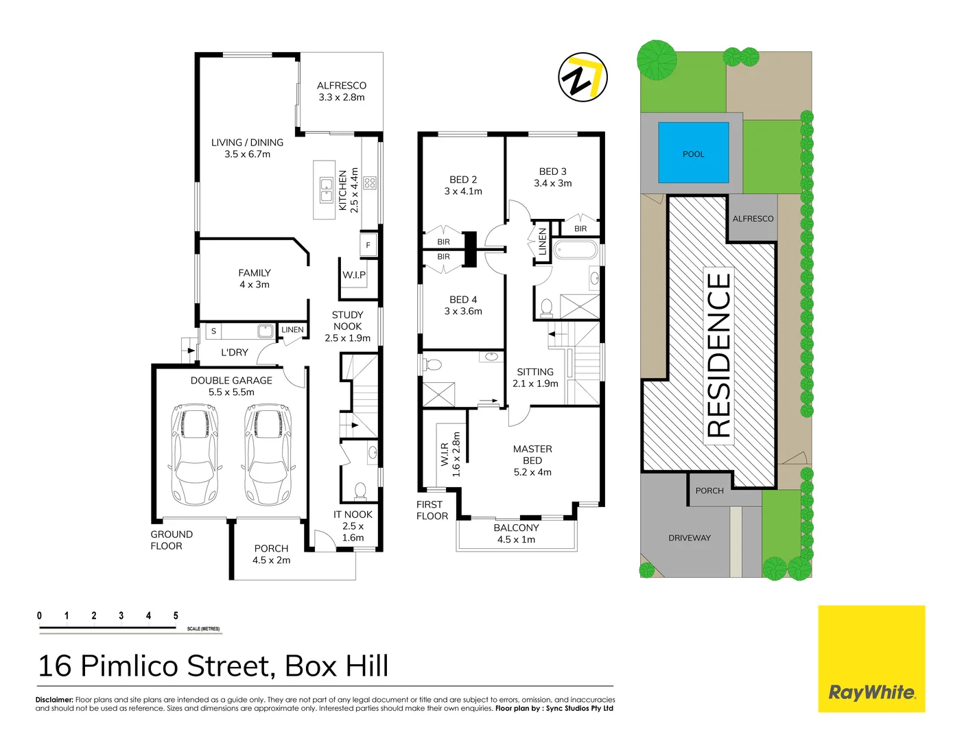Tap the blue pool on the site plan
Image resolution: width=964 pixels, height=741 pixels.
(x=693, y=153)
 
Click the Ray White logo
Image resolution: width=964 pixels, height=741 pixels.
(x=871, y=659)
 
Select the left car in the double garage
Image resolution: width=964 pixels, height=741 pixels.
(x=196, y=453)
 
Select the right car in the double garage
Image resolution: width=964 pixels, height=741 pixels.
(x=268, y=453)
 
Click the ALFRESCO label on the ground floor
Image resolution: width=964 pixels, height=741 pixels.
(x=341, y=91)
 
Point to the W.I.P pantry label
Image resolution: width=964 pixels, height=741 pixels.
(x=354, y=275)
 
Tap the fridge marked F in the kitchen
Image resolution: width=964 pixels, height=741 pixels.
(x=368, y=245)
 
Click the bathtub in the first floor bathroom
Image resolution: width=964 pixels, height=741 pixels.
(x=575, y=250)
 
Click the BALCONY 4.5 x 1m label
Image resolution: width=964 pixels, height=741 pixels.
(x=516, y=533)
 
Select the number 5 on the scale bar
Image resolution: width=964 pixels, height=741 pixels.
(x=176, y=615)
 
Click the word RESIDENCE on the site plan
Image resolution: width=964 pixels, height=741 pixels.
(x=718, y=355)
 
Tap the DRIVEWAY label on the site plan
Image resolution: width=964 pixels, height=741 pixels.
(x=689, y=538)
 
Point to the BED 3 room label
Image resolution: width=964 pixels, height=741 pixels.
(x=552, y=177)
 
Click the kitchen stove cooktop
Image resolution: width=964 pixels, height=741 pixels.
(x=370, y=183)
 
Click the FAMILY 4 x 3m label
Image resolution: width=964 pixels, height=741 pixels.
(x=254, y=279)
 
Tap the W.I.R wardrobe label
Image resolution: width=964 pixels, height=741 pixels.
(x=445, y=455)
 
